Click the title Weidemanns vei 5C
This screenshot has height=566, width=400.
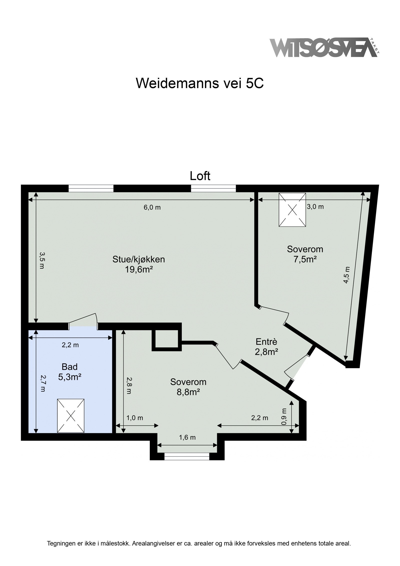click(x=200, y=83)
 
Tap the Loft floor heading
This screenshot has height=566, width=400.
click(x=200, y=176)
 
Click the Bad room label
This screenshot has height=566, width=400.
click(x=69, y=367)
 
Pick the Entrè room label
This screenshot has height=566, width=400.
click(x=266, y=342)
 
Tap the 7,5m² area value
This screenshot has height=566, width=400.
click(x=305, y=260)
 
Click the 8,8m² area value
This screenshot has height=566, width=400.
click(x=188, y=392)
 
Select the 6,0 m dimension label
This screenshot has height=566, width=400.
click(x=152, y=207)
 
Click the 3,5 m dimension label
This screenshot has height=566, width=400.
click(x=41, y=260)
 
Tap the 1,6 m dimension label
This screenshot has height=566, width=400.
click(x=187, y=437)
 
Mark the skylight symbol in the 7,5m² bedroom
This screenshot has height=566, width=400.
click(x=292, y=210)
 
